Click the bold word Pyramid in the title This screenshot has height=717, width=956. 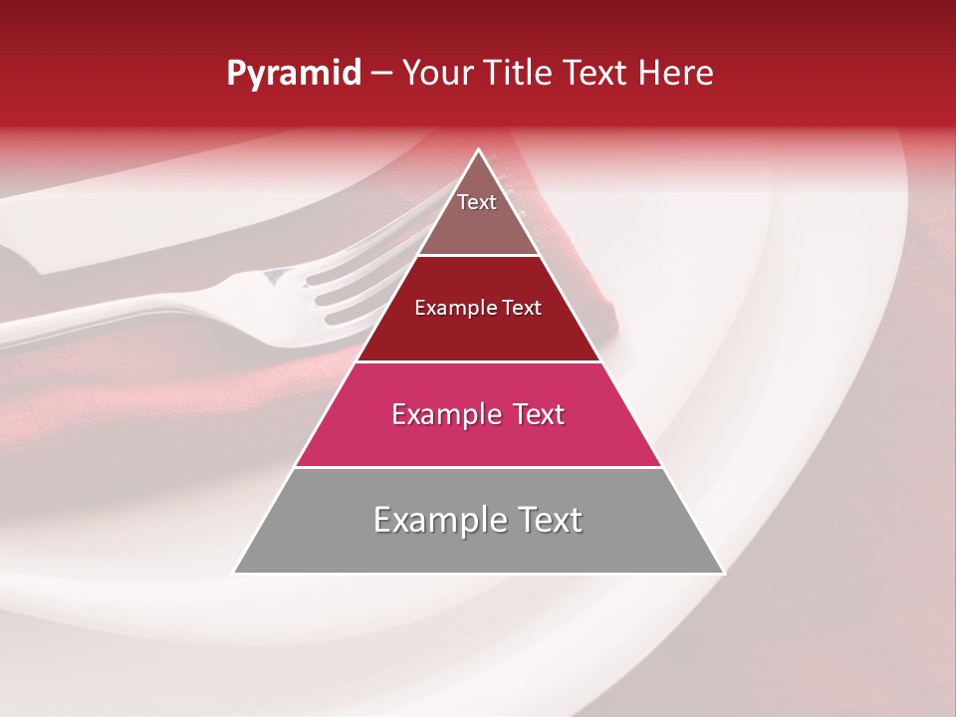coord(294,74)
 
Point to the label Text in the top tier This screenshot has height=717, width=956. coord(477,202)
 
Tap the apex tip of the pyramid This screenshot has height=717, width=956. coord(479,150)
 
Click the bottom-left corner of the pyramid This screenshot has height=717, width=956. coord(235,573)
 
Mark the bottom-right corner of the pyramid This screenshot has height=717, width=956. coord(723,573)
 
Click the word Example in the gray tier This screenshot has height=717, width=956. coord(438,520)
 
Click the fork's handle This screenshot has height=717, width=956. coord(119,324)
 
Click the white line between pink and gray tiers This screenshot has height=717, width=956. coord(478,467)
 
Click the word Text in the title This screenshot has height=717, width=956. coord(598,73)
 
